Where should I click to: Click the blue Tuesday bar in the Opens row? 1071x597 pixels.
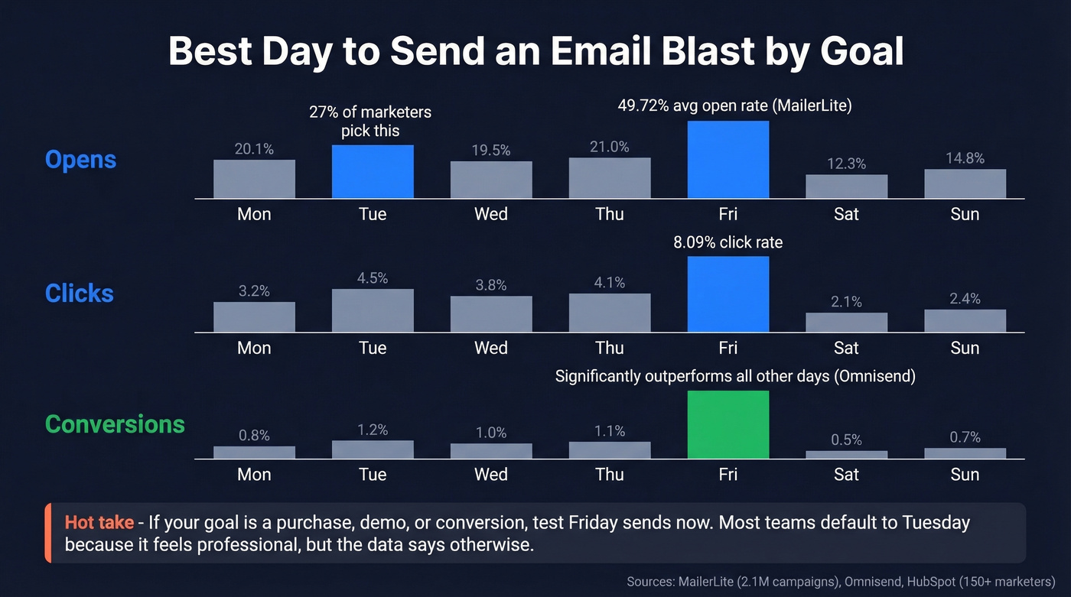pyautogui.click(x=373, y=172)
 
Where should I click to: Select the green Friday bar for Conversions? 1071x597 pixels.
pyautogui.click(x=728, y=425)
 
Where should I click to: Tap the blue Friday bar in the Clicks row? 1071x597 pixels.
pyautogui.click(x=728, y=294)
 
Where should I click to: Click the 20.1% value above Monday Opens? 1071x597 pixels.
pyautogui.click(x=254, y=149)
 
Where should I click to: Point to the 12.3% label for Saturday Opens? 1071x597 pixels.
pyautogui.click(x=846, y=164)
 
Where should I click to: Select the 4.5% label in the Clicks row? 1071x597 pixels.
pyautogui.click(x=373, y=278)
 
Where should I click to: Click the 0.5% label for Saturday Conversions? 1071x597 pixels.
pyautogui.click(x=846, y=440)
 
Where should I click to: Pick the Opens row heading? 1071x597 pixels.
pyautogui.click(x=80, y=160)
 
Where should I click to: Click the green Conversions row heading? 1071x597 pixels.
pyautogui.click(x=115, y=424)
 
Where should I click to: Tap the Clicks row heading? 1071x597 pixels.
pyautogui.click(x=80, y=294)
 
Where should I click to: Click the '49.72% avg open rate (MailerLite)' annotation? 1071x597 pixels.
pyautogui.click(x=734, y=106)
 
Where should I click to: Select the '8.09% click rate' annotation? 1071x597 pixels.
pyautogui.click(x=728, y=243)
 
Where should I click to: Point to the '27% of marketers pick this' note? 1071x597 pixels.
pyautogui.click(x=370, y=122)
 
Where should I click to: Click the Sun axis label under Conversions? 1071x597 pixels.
pyautogui.click(x=965, y=475)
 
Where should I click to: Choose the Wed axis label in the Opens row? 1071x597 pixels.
pyautogui.click(x=490, y=214)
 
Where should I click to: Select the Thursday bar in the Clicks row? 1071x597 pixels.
pyautogui.click(x=610, y=313)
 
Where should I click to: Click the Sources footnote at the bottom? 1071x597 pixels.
pyautogui.click(x=841, y=582)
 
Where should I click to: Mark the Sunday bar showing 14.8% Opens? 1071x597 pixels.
pyautogui.click(x=965, y=183)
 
